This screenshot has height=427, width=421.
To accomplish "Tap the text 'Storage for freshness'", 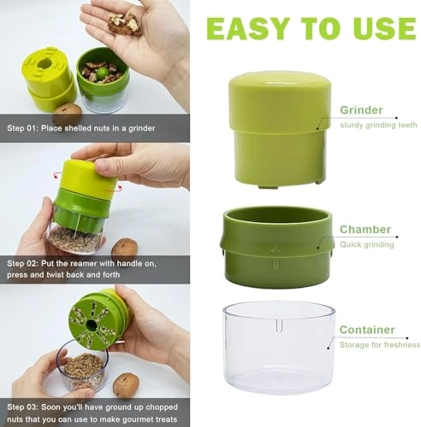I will pos(380,345).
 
